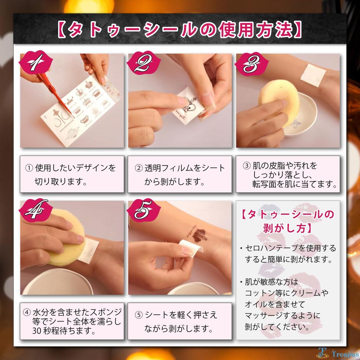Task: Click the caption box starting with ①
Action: (72, 174)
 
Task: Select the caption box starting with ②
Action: (180, 174)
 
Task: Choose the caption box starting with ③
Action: (288, 174)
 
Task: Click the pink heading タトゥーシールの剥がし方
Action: (288, 221)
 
